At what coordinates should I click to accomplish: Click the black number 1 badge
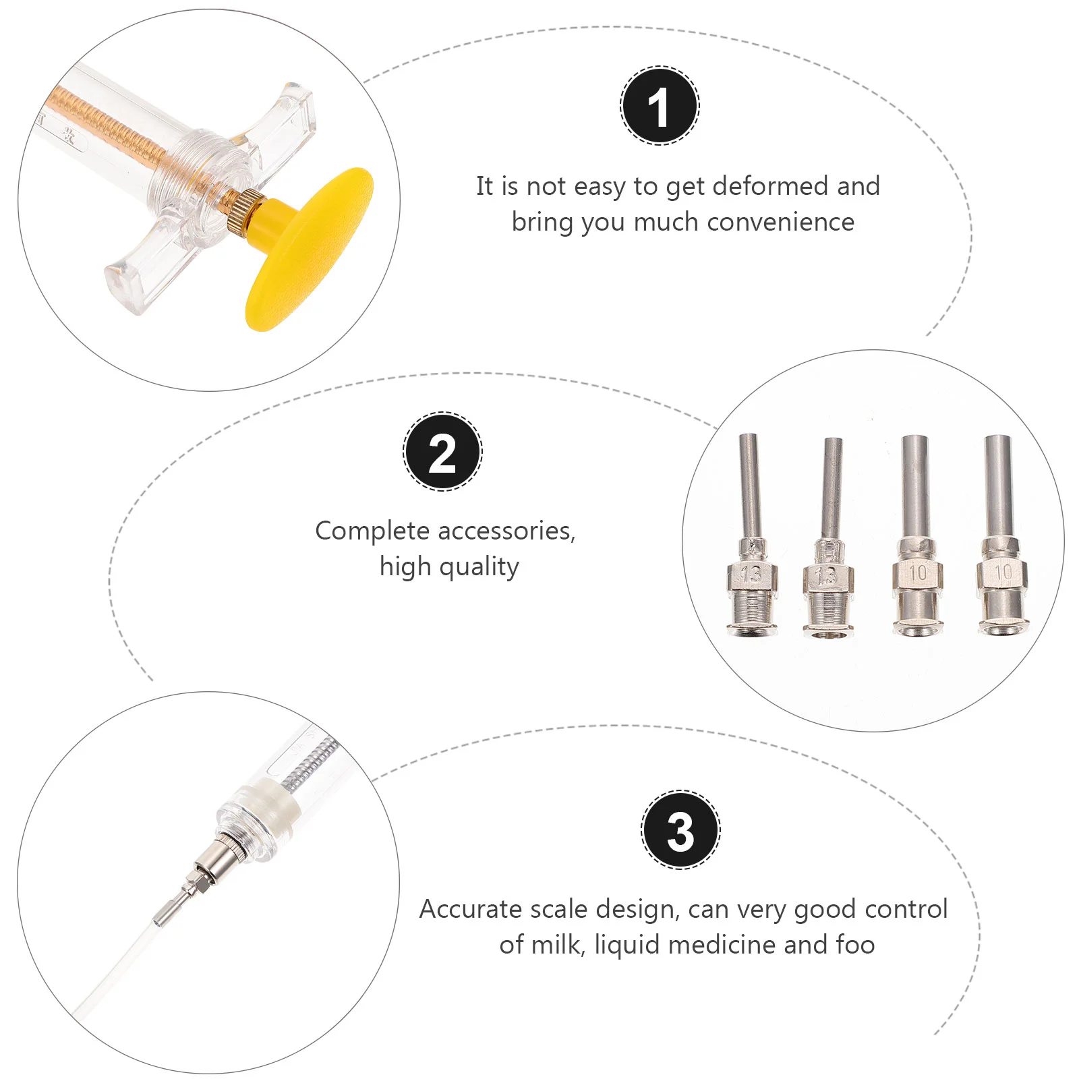[660, 106]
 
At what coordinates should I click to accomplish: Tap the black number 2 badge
[442, 451]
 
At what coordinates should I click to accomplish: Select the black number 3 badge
[680, 829]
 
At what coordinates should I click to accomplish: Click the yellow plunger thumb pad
[309, 250]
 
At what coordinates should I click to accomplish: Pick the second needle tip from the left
[829, 537]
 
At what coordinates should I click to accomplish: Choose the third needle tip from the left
[917, 535]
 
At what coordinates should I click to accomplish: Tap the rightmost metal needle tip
[1001, 535]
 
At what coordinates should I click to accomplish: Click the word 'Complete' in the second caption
[372, 531]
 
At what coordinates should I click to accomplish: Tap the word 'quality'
[479, 567]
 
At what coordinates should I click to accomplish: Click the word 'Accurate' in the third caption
[471, 909]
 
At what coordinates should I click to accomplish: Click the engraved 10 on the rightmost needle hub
[1003, 573]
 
